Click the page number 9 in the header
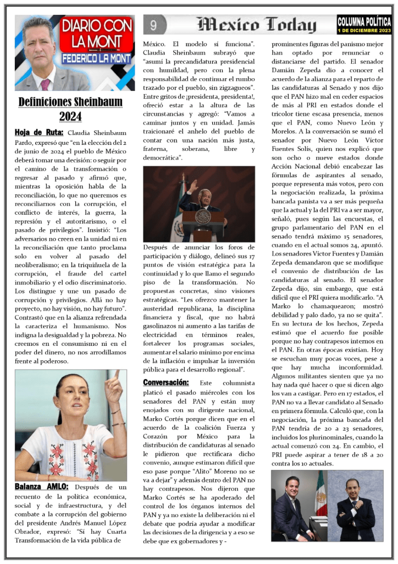click(154, 24)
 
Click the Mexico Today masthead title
click(257, 25)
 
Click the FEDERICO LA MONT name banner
click(96, 58)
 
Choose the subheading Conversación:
click(166, 382)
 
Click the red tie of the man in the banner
click(45, 84)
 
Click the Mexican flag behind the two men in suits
click(320, 493)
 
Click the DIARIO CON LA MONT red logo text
click(96, 33)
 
